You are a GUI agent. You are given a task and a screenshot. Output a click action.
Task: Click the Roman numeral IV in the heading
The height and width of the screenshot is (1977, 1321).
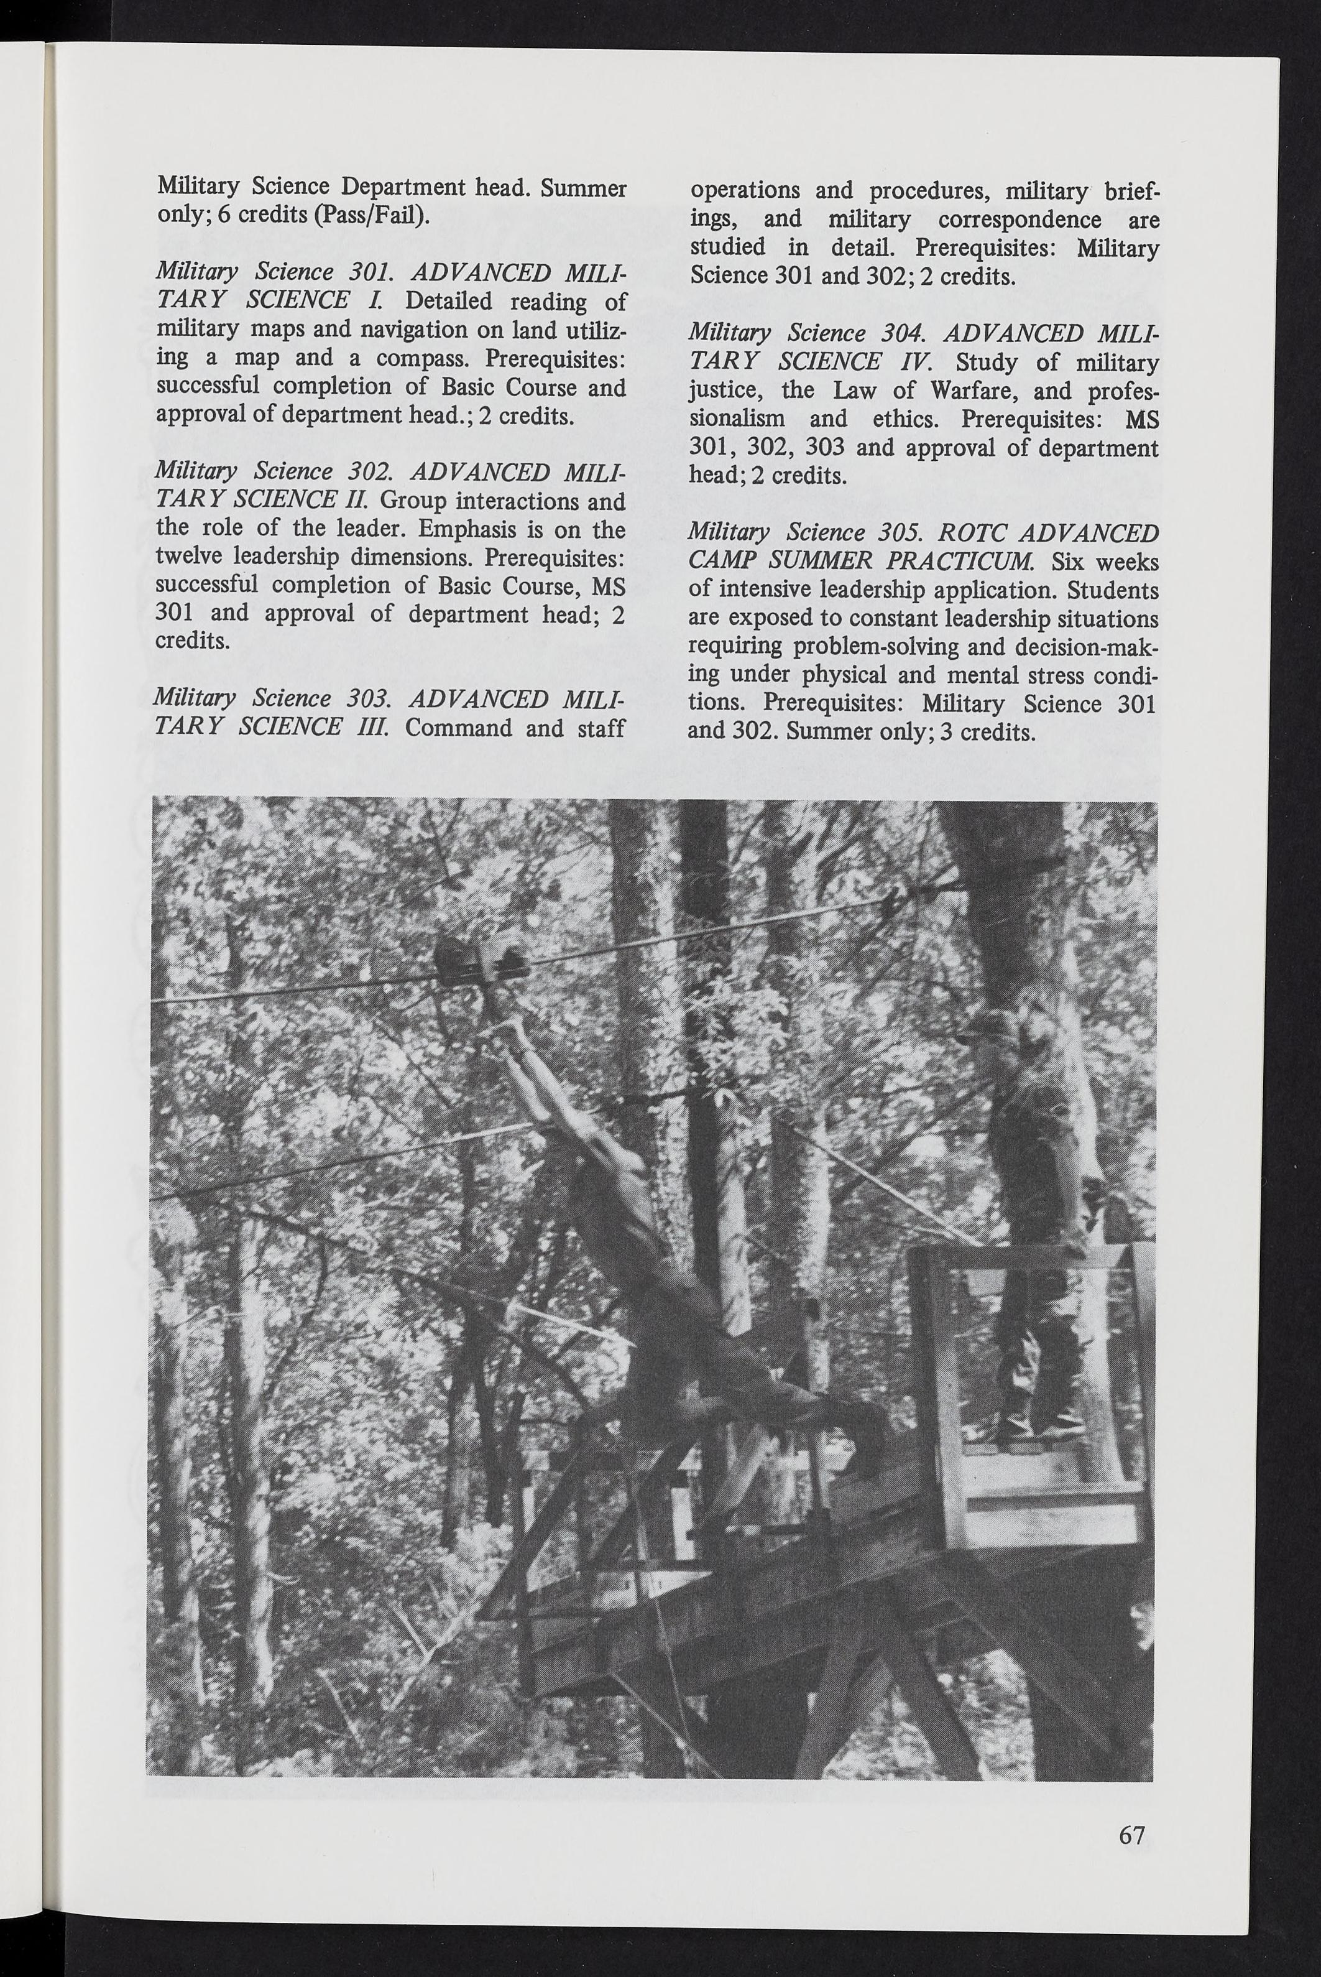[x=896, y=363]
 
